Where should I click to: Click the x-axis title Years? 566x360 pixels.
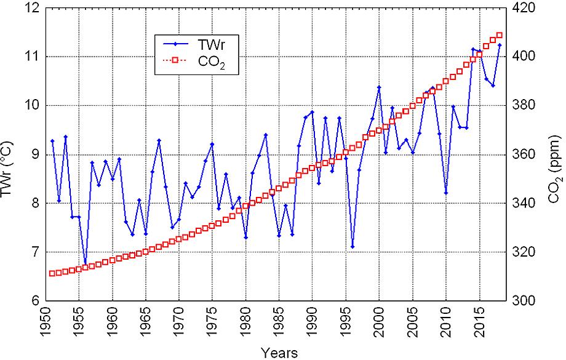point(279,353)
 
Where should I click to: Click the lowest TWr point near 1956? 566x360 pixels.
point(85,263)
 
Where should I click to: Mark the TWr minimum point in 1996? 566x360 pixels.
point(353,247)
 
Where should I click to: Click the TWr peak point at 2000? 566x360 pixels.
point(379,87)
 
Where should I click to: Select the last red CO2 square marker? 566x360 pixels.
point(500,35)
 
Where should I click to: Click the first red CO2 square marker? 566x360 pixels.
point(52,273)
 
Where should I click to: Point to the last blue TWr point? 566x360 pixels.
point(500,45)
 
